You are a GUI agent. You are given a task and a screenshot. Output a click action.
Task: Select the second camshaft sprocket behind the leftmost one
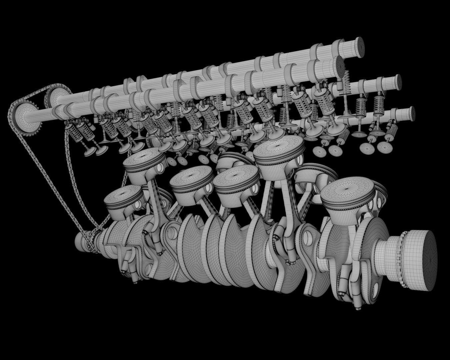pyautogui.click(x=53, y=96)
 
